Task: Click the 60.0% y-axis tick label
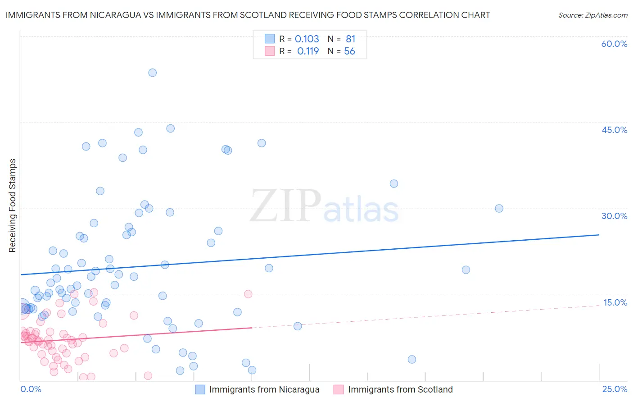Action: (x=614, y=44)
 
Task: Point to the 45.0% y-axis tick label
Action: (x=614, y=130)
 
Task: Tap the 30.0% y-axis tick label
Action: (x=614, y=216)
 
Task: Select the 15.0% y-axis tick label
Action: (x=615, y=302)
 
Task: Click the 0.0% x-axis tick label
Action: (x=31, y=389)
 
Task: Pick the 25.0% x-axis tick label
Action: (x=615, y=389)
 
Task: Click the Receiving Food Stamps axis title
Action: (x=12, y=206)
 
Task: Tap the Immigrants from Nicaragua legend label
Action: (x=264, y=389)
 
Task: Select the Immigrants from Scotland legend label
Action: (x=400, y=389)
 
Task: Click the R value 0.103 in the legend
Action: (x=307, y=39)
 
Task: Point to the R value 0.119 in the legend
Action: (x=308, y=51)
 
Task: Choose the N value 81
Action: (x=350, y=39)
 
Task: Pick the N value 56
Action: (x=349, y=51)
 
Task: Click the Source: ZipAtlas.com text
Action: (x=592, y=15)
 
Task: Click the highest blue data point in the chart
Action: (x=153, y=73)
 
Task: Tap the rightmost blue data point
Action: (x=499, y=208)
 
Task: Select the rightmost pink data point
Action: (x=248, y=294)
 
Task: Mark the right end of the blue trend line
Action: (x=599, y=235)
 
